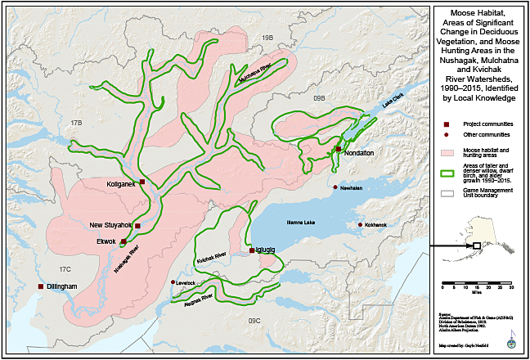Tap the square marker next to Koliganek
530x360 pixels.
[x=142, y=182]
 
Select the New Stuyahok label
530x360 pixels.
[x=111, y=225]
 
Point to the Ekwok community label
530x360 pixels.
[x=106, y=241]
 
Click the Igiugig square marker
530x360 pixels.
[x=252, y=251]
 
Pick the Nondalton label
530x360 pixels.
[x=358, y=152]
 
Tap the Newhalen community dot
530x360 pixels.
[x=335, y=187]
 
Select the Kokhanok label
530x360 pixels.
[x=375, y=224]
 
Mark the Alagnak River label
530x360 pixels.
[x=197, y=298]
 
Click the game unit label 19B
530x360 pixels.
[x=266, y=38]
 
